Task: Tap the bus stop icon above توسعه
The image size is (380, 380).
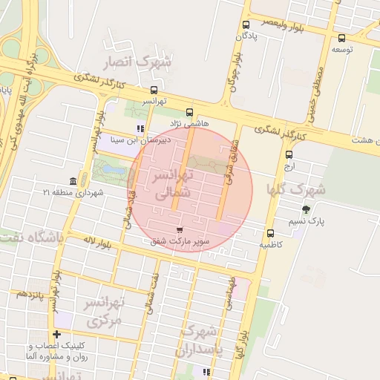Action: tap(341, 38)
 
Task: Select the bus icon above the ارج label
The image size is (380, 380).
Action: tap(289, 154)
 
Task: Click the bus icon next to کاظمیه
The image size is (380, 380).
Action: tap(270, 233)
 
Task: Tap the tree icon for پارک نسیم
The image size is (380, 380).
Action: tap(307, 210)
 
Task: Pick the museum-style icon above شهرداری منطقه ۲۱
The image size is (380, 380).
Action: tap(73, 182)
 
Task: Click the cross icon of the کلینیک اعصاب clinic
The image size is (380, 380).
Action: tap(56, 335)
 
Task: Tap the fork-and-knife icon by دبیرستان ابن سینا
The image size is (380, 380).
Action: tap(140, 128)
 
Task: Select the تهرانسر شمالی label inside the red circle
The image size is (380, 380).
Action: tap(172, 184)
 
